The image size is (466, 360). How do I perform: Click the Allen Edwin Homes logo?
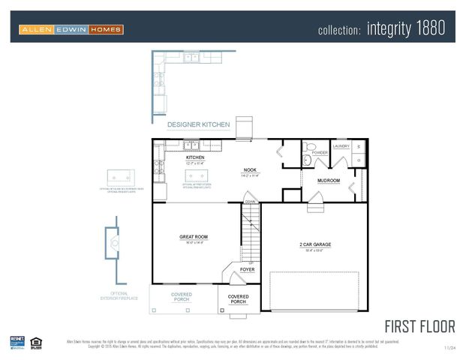(x=71, y=29)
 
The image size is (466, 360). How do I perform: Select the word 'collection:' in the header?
(x=340, y=30)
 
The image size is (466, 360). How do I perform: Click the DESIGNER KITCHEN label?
(x=198, y=124)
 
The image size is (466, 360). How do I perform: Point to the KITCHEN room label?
(x=185, y=157)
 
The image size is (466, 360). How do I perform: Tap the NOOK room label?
(x=251, y=170)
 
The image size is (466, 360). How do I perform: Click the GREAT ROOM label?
(x=193, y=237)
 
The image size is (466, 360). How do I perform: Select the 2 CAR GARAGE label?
(x=315, y=244)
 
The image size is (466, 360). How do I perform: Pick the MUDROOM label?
(x=329, y=181)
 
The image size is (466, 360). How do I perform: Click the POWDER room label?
(x=320, y=152)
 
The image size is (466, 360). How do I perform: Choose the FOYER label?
(x=247, y=269)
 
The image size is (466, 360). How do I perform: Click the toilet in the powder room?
(x=308, y=159)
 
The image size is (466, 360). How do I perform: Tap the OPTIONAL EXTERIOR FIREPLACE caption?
(x=119, y=295)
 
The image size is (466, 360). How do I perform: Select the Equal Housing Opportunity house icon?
(x=35, y=343)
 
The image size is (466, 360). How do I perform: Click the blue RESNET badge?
(x=17, y=343)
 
